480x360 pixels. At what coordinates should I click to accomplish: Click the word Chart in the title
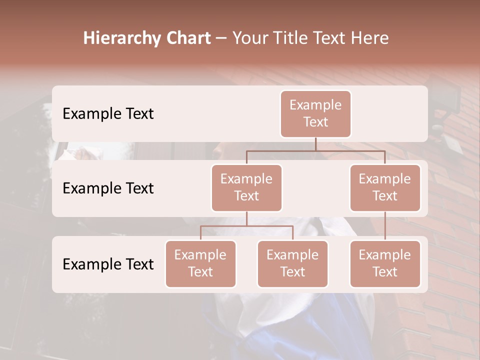(x=186, y=38)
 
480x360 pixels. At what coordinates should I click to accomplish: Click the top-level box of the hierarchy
(x=315, y=113)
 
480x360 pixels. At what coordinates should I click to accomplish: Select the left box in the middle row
(x=246, y=187)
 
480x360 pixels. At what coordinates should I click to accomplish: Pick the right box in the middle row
(x=385, y=187)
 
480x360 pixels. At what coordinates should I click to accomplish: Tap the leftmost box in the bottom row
(x=200, y=263)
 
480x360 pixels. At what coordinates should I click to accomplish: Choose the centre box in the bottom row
(x=292, y=263)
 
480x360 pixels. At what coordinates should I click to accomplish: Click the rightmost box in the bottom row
(x=385, y=263)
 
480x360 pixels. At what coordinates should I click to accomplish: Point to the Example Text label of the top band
(x=108, y=114)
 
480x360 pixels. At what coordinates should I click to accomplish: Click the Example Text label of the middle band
(x=108, y=188)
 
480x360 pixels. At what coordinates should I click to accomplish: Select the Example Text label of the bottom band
(x=108, y=264)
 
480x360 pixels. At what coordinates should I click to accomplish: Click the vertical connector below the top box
(x=315, y=144)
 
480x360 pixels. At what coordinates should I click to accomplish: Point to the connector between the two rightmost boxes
(x=385, y=226)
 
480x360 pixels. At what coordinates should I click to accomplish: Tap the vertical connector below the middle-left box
(x=246, y=218)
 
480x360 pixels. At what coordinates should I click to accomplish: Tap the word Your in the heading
(x=248, y=38)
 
